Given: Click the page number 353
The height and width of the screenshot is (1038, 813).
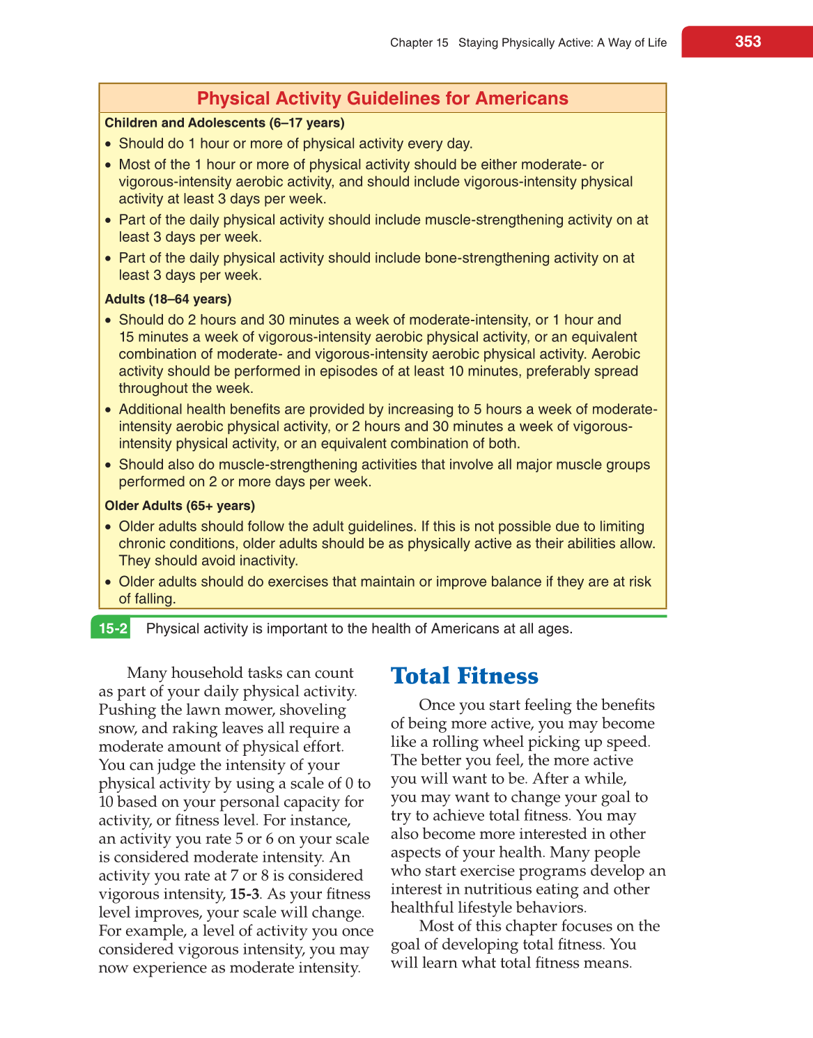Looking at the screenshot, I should click(x=748, y=42).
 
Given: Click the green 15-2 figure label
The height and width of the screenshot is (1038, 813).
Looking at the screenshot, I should click(x=112, y=628).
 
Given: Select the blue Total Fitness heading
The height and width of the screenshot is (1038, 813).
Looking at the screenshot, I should click(x=464, y=676).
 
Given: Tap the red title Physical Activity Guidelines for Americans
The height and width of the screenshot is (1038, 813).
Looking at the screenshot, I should click(x=382, y=98).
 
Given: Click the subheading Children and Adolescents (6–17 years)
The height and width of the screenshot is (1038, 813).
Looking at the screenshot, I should click(x=224, y=123).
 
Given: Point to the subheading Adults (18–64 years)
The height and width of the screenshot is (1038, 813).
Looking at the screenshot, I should click(x=168, y=300).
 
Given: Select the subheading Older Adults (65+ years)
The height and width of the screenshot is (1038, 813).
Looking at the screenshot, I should click(x=180, y=506).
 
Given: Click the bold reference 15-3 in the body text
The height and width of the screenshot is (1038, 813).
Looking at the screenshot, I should click(x=245, y=894).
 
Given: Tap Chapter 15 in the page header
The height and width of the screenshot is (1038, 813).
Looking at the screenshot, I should click(x=419, y=43).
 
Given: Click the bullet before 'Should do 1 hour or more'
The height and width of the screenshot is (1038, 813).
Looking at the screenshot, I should click(x=108, y=145).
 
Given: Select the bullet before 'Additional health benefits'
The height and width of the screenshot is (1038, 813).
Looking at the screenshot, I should click(x=108, y=410).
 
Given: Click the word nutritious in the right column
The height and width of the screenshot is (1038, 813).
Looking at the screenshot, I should click(x=503, y=889).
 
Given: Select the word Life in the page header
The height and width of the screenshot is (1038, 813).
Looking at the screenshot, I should click(x=656, y=43).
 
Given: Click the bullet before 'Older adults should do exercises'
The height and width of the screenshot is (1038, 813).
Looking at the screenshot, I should click(x=108, y=582).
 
